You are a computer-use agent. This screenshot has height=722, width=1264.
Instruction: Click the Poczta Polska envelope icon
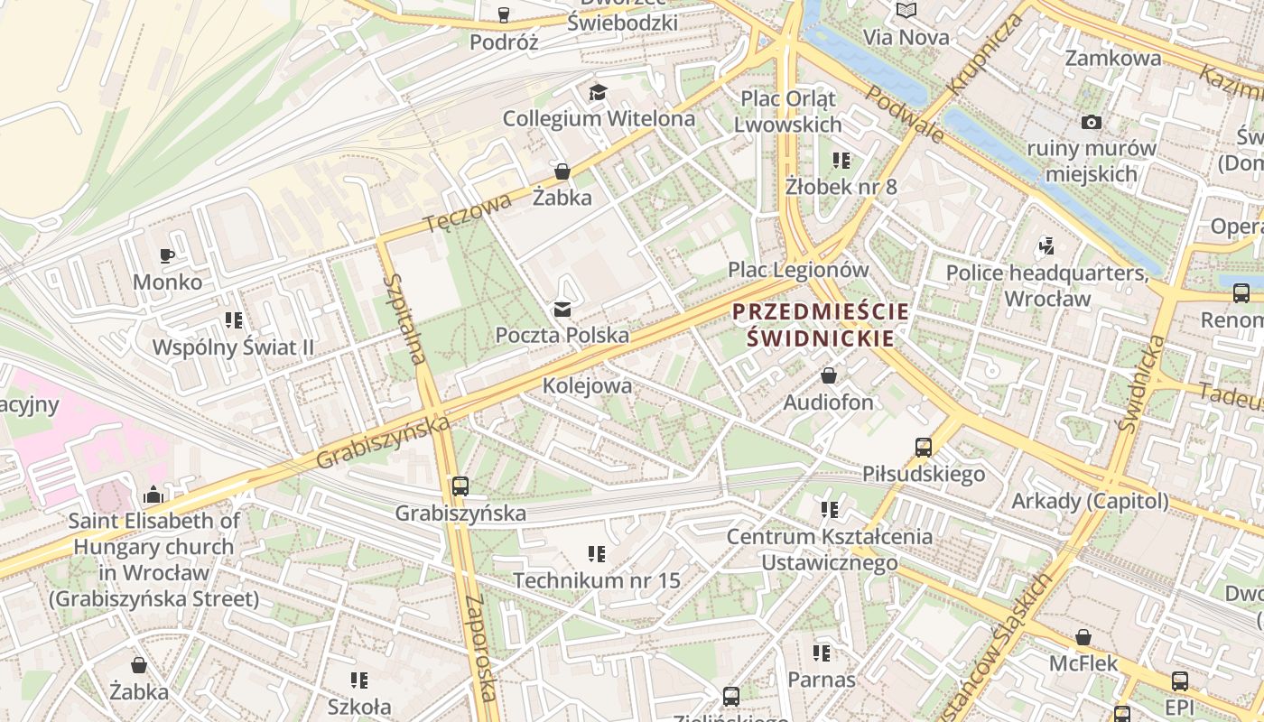562,310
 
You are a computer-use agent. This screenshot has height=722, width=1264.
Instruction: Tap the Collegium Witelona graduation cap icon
598,92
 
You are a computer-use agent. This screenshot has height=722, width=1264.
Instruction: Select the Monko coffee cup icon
167,256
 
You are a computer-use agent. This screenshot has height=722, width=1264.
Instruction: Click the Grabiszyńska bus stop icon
460,486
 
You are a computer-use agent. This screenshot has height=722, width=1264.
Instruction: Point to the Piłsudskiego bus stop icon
923,447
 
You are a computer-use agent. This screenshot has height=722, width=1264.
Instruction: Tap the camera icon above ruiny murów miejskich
1091,122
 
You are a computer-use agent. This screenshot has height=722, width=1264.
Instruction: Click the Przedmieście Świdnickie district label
820,325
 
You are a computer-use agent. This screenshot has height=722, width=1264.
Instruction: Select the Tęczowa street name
468,213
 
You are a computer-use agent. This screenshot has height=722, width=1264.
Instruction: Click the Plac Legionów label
798,270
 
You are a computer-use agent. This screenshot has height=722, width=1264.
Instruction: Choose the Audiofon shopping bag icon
828,375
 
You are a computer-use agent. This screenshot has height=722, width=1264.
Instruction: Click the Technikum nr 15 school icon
596,553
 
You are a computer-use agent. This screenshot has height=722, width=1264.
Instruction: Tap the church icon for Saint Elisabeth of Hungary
153,495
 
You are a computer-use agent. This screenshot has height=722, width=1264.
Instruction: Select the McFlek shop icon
1083,637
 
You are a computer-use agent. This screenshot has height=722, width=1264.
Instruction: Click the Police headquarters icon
1046,245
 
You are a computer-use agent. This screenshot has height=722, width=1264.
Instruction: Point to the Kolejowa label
587,385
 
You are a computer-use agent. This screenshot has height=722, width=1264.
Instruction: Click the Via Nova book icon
906,11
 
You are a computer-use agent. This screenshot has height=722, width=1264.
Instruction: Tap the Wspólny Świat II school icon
234,320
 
